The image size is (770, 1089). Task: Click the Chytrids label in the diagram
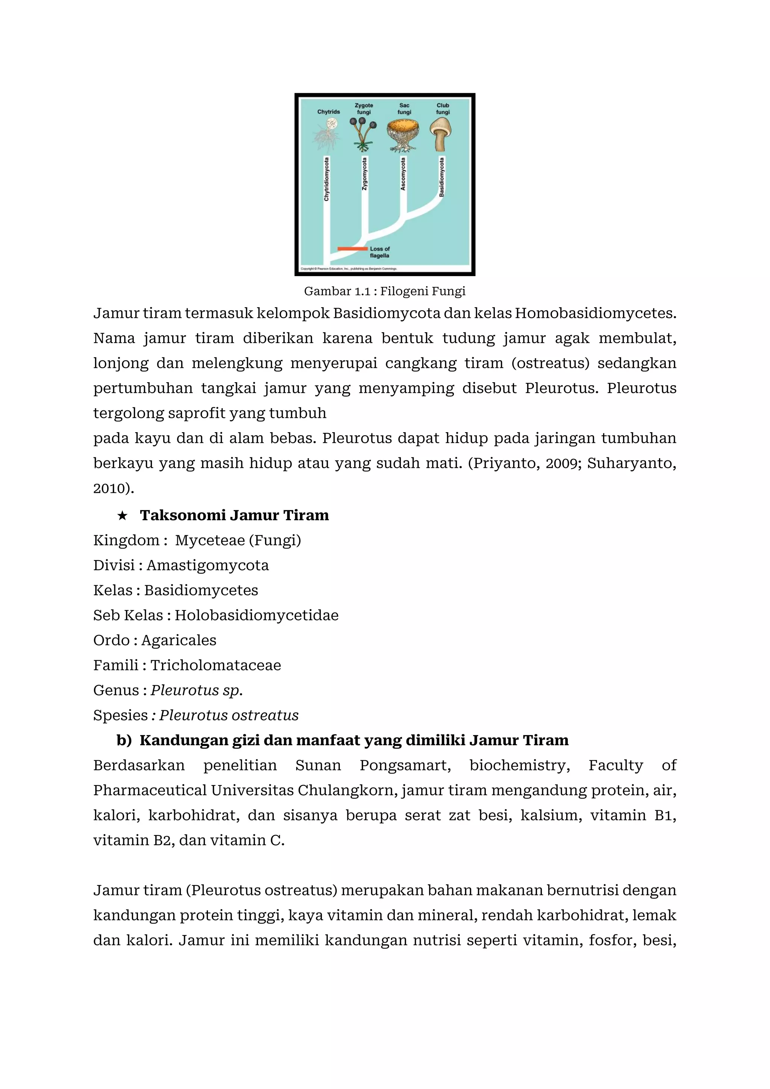coord(329,112)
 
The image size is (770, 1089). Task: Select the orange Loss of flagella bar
coord(352,249)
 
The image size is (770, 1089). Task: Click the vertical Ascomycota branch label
coord(403,174)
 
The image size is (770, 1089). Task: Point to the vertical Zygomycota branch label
coord(364,174)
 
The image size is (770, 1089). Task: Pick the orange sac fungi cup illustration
coord(403,129)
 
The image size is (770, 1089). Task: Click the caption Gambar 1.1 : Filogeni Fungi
coord(385,291)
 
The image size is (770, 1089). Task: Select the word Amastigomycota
coord(208,565)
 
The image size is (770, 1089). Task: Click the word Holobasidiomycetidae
coord(256,615)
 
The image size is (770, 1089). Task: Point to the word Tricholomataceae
coord(216,665)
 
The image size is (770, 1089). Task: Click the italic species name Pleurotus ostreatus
coord(229,715)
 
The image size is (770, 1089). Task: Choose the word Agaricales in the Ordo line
coord(179,640)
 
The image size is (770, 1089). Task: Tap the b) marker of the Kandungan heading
coord(124,740)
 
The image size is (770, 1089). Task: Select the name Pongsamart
coord(405,765)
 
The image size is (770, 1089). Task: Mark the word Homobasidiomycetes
coord(596,313)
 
